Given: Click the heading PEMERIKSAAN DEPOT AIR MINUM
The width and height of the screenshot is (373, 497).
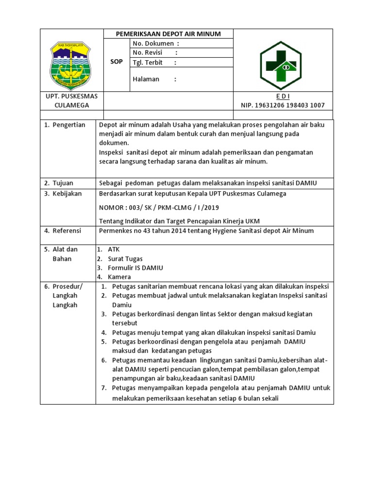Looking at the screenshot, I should (168, 34).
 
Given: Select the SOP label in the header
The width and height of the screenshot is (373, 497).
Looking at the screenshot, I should (117, 62).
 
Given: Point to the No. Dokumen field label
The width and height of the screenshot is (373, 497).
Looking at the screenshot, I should (153, 44).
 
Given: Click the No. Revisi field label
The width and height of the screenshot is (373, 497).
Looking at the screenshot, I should (148, 52).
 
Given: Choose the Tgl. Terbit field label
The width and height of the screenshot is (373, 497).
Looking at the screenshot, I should (148, 62).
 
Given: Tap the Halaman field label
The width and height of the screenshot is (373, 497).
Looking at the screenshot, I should (146, 79).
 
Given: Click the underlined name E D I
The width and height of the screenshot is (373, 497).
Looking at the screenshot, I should (283, 96).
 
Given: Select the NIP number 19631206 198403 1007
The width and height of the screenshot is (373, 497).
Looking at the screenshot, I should (283, 105).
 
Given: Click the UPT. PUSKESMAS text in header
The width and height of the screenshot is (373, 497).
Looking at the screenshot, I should (71, 96).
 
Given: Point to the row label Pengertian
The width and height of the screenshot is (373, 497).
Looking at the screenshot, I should (68, 125).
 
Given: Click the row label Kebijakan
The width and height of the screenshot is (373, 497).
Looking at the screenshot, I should (67, 193).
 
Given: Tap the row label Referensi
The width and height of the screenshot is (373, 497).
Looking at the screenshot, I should (67, 231).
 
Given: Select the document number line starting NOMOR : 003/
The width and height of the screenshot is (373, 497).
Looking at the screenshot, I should (159, 207).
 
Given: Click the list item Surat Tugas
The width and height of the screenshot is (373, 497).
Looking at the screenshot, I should (125, 259).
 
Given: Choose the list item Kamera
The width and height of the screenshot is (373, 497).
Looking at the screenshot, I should (119, 277).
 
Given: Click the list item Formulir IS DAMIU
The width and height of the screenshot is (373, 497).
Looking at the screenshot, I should (135, 267).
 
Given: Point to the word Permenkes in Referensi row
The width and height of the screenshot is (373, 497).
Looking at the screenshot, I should (114, 231).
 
